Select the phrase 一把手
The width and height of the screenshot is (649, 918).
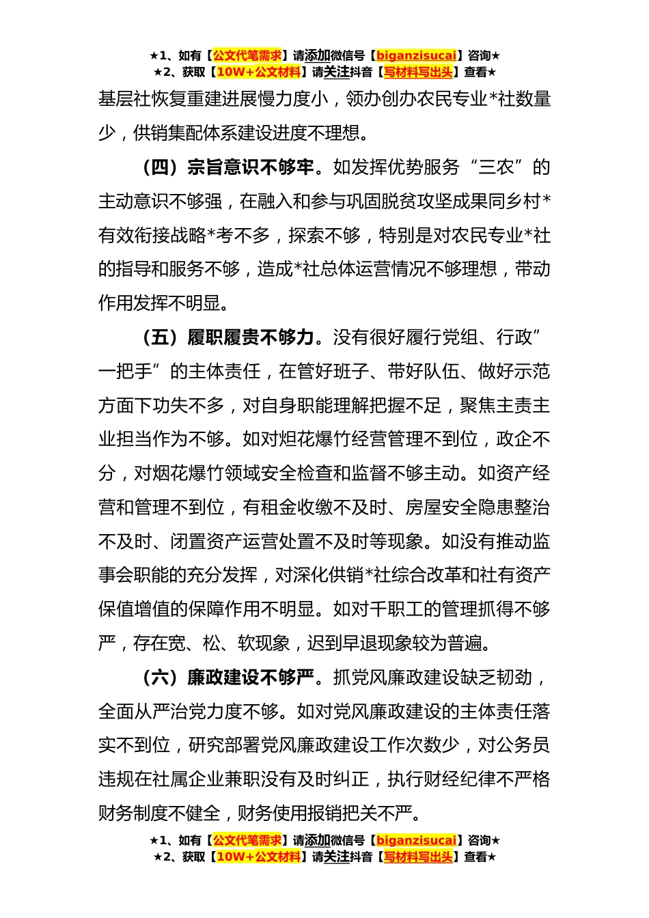126,372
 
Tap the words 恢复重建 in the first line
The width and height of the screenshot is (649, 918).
188,99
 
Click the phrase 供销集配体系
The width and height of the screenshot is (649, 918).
188,133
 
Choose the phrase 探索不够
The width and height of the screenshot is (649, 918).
324,236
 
